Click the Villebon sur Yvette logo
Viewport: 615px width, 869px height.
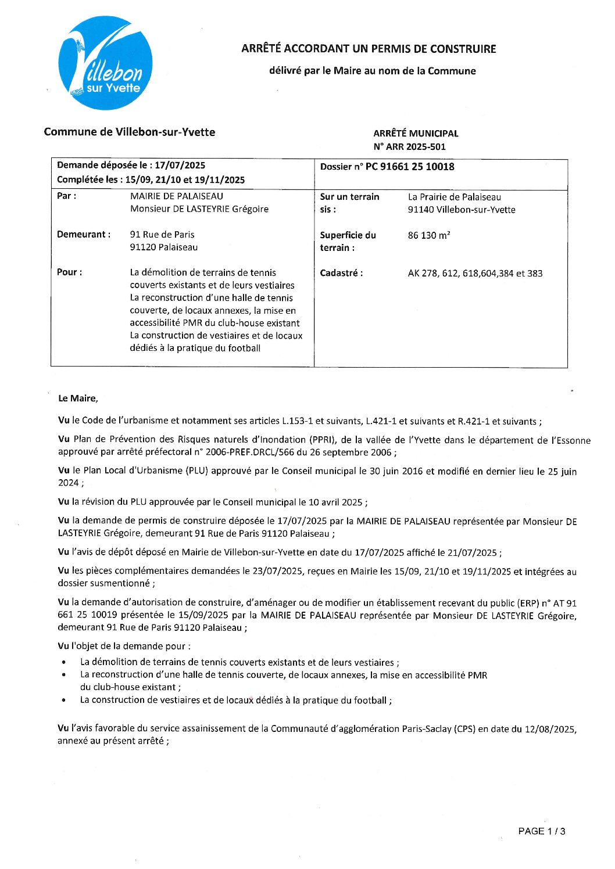tap(106, 63)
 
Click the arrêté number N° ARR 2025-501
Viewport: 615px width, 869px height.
tap(409, 146)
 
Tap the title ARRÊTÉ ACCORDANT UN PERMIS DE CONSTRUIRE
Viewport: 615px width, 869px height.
tap(369, 49)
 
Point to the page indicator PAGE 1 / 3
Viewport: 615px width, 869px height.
tap(541, 831)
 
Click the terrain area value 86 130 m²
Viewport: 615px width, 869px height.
tap(429, 235)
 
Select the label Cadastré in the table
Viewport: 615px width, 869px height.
tap(341, 273)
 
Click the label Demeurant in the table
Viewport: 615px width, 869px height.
tap(84, 235)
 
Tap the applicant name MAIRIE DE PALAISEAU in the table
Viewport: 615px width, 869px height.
tap(176, 196)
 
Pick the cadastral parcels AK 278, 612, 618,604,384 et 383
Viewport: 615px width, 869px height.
tap(475, 273)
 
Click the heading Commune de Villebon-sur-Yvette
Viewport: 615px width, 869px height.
tap(130, 132)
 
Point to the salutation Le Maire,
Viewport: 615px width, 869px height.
tap(78, 398)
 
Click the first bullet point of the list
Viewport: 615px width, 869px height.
tap(63, 662)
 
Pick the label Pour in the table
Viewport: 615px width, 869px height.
tap(69, 272)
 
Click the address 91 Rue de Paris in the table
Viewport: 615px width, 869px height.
tap(162, 235)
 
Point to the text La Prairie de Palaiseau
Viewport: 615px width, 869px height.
tap(454, 197)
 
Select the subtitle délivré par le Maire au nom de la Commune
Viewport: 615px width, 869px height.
tap(372, 71)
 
